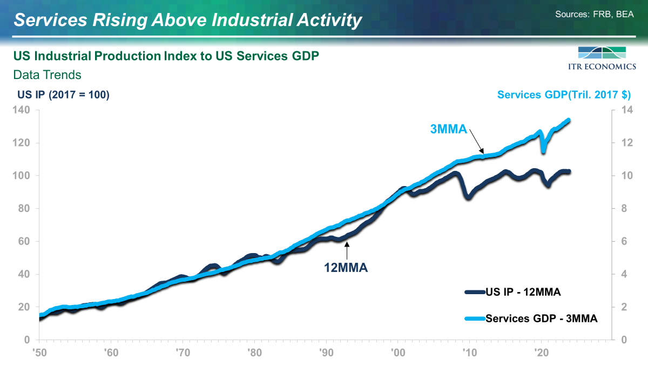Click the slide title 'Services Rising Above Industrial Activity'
point(187,20)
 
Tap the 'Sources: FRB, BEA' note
point(594,14)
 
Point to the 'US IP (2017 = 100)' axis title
point(64,95)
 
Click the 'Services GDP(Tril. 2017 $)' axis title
point(564,95)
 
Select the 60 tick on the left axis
point(24,242)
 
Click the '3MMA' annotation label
point(448,129)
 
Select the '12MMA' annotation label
point(346,267)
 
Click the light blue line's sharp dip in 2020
point(544,151)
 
